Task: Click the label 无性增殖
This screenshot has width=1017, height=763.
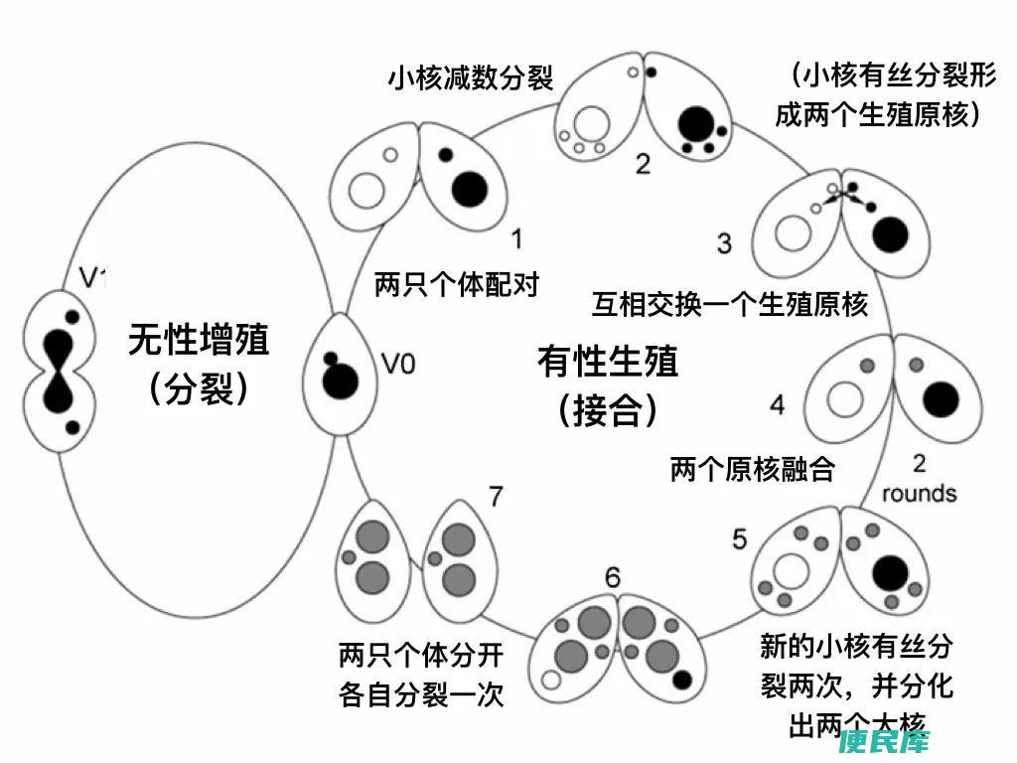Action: tap(199, 341)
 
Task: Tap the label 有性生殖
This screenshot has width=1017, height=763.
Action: tap(608, 361)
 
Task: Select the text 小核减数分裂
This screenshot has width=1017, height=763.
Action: tap(470, 78)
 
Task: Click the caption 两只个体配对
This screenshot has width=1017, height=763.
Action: tap(457, 284)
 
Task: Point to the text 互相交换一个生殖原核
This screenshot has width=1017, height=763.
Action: tap(730, 303)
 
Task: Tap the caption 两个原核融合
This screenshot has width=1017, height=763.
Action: tap(752, 468)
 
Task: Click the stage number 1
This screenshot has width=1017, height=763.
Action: tap(516, 238)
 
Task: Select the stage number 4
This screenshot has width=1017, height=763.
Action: tap(778, 405)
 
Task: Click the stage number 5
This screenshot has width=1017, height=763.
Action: tap(740, 538)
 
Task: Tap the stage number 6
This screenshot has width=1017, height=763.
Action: tap(613, 576)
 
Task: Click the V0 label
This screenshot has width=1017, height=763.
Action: tap(398, 365)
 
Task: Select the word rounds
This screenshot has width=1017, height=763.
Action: tap(919, 493)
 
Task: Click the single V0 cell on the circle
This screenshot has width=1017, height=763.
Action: tap(342, 373)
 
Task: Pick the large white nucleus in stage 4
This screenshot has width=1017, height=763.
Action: tap(847, 400)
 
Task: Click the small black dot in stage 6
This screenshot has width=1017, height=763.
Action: tap(681, 680)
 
